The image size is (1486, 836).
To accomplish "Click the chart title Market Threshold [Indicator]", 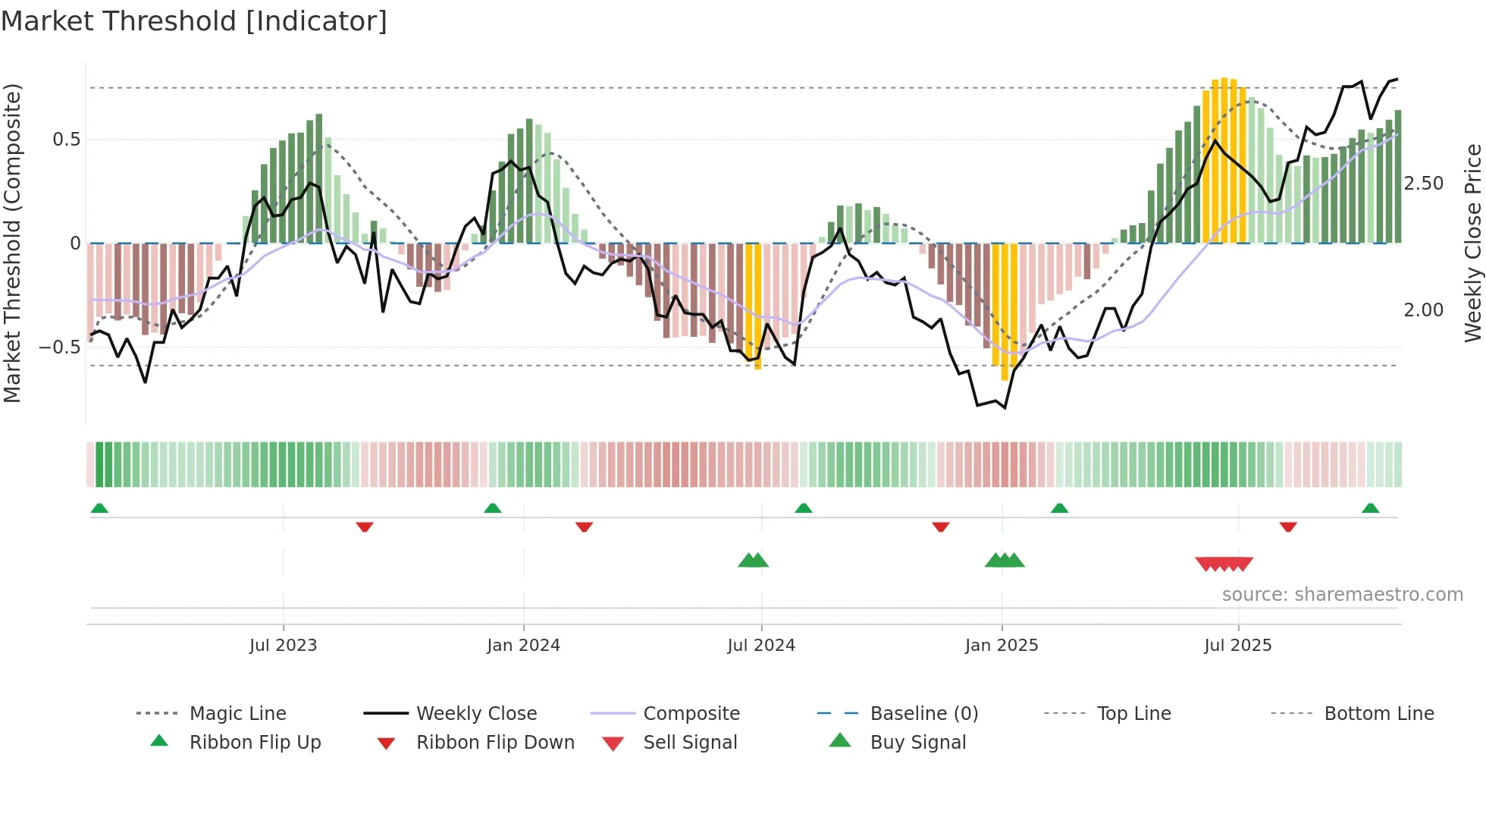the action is click(x=194, y=21).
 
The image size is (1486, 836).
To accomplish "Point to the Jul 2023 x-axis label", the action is click(x=283, y=646).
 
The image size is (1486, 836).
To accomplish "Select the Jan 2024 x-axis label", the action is click(x=523, y=646).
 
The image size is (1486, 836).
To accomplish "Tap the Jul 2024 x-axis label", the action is click(x=761, y=646).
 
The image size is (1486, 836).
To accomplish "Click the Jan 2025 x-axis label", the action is click(x=1002, y=646).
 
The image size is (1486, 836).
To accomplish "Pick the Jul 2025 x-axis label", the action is click(x=1238, y=646).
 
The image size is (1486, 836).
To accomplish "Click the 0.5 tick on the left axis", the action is click(x=67, y=140).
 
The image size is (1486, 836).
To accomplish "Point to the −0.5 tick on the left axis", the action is click(x=59, y=347).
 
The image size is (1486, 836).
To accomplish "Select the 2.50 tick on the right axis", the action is click(x=1424, y=184).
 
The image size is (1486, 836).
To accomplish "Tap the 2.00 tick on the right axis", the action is click(x=1424, y=310).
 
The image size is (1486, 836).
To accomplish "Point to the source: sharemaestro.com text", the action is click(x=1342, y=595).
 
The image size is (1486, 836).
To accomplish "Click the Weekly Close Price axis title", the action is click(x=1472, y=243).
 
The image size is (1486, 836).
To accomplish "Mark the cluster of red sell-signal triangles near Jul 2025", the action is click(x=1224, y=564).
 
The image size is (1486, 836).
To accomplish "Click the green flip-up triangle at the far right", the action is click(x=1370, y=508).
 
